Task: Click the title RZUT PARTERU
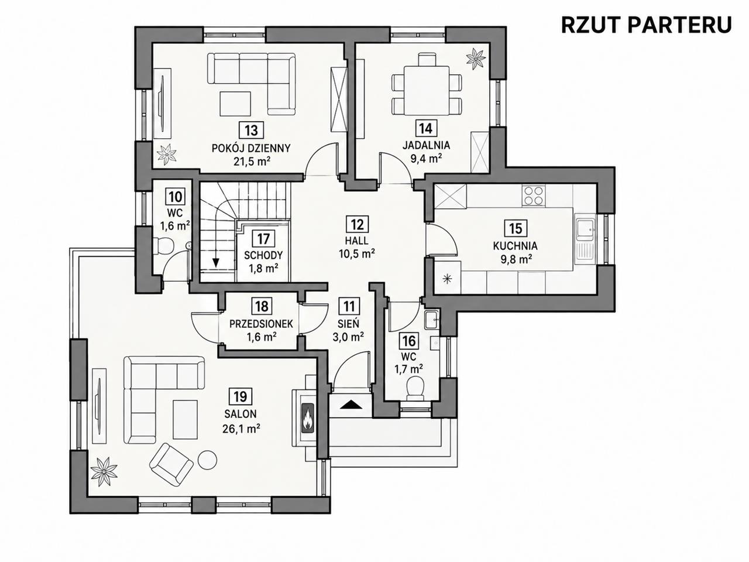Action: (646, 25)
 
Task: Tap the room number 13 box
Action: (251, 130)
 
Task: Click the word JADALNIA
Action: (426, 145)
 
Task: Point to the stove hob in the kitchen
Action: (533, 196)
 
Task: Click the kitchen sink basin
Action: (586, 227)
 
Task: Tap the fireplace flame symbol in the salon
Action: (308, 418)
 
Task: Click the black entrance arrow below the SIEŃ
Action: (351, 405)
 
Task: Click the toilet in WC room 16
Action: (415, 388)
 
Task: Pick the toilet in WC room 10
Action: (163, 246)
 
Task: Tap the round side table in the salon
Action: (208, 460)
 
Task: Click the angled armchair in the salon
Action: (171, 464)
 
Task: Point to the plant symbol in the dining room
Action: (475, 59)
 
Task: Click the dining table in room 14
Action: (427, 91)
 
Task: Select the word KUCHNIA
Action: (516, 246)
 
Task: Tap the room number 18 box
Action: (262, 306)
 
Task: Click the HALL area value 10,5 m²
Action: (357, 253)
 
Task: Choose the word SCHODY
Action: (263, 255)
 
